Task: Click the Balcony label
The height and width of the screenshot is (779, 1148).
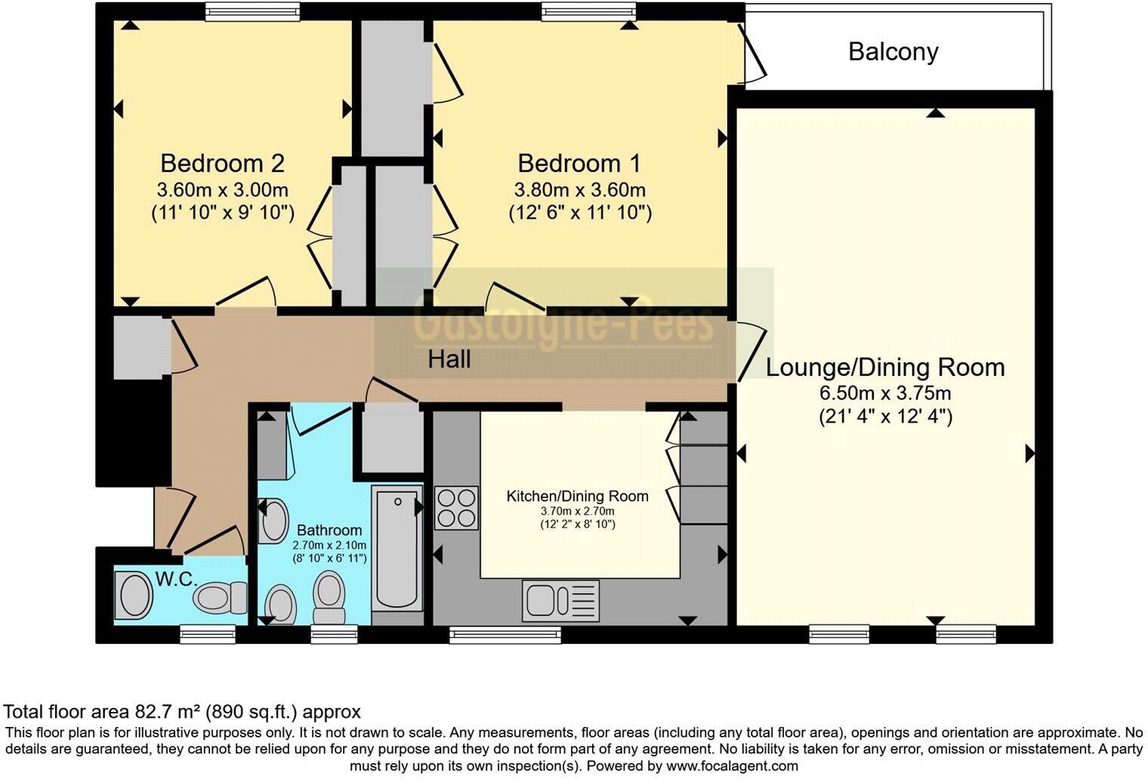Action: click(x=893, y=51)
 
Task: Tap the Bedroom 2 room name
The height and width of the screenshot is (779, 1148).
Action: click(x=222, y=163)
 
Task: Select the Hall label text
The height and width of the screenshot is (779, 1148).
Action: click(x=449, y=359)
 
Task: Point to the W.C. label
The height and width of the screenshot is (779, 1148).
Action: click(x=176, y=580)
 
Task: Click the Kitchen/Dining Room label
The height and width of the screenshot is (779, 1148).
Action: click(x=577, y=496)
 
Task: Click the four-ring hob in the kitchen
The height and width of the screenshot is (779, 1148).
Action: click(x=456, y=507)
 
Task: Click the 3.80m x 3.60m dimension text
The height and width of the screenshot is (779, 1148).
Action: click(x=579, y=189)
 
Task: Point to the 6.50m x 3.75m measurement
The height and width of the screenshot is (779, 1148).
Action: click(x=885, y=393)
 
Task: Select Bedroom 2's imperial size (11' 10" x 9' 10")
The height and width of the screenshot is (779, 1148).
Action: click(x=222, y=212)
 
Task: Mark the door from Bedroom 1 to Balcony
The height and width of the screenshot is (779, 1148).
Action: click(x=751, y=53)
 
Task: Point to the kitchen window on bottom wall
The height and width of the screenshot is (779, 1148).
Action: click(x=505, y=634)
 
